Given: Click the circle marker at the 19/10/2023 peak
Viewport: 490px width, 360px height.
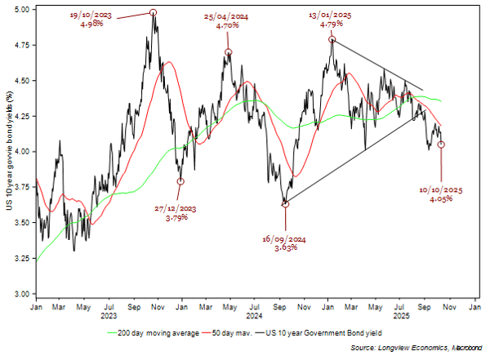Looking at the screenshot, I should [x=153, y=13].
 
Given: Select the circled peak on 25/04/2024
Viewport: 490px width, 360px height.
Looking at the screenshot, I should [x=229, y=52].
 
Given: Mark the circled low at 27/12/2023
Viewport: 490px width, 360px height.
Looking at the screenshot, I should [x=180, y=181].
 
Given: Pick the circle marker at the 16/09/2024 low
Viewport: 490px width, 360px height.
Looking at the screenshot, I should [x=285, y=204].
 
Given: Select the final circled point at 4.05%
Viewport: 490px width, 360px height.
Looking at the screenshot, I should [x=441, y=144].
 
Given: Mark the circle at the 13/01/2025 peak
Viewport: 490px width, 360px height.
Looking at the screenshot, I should [x=332, y=39].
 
